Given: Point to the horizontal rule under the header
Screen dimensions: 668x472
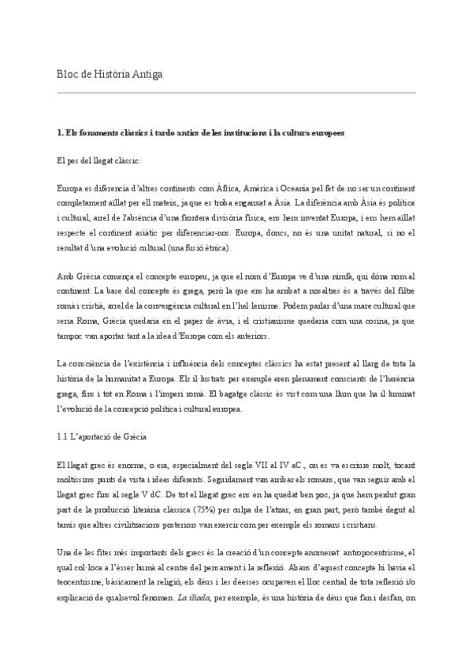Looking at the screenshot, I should click(236, 93).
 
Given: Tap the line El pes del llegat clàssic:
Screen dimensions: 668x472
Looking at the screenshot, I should click(99, 161).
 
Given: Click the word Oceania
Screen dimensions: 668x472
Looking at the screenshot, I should click(298, 190).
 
